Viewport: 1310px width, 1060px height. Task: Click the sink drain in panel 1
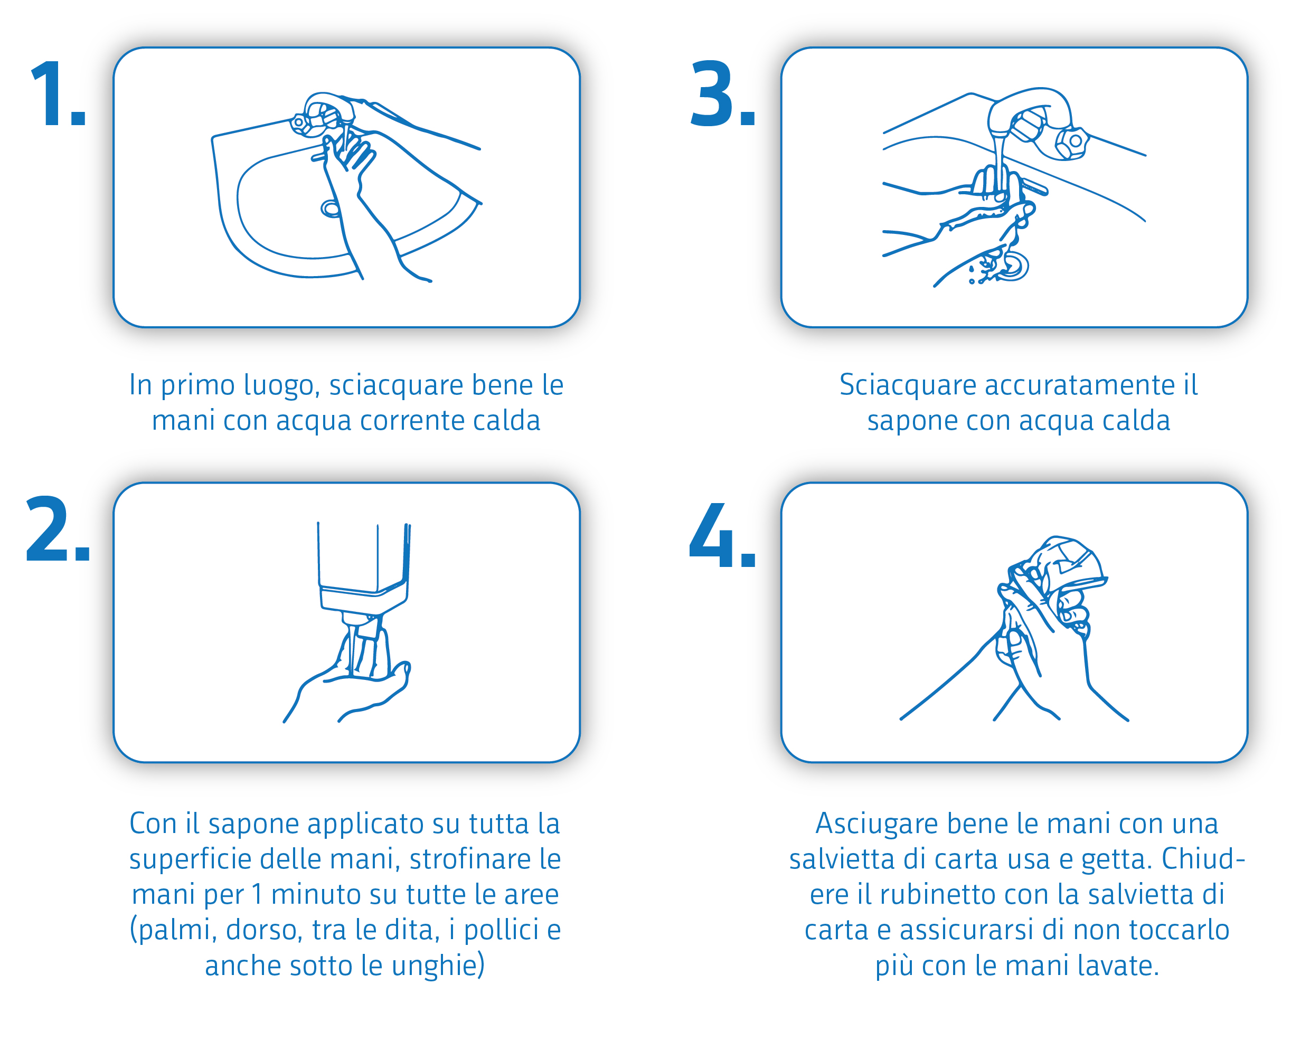click(x=331, y=209)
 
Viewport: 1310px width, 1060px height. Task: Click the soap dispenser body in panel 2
click(x=363, y=568)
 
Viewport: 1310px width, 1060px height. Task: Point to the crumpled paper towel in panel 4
click(x=1066, y=565)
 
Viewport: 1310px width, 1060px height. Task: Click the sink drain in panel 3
click(x=1014, y=266)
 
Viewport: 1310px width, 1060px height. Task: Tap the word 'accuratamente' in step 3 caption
click(x=1079, y=385)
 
